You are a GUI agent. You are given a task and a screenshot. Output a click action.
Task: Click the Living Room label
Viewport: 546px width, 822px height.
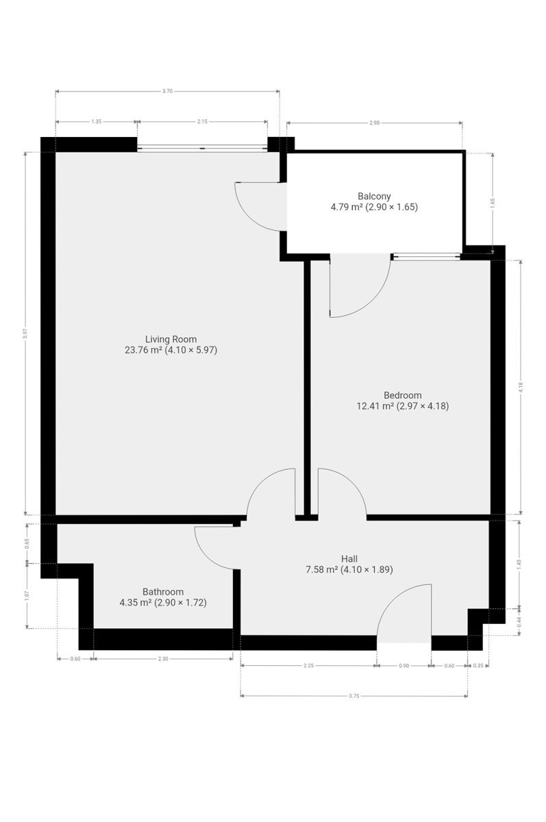[x=171, y=339]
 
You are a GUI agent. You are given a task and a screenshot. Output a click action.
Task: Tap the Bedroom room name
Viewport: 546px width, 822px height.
[x=403, y=395]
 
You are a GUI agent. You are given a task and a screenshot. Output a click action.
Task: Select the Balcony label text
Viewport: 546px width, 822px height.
[x=374, y=196]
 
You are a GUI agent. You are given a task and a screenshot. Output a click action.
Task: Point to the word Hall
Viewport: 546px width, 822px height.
[x=349, y=559]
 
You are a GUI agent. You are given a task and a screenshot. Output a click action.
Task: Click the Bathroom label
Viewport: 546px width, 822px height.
[x=163, y=592]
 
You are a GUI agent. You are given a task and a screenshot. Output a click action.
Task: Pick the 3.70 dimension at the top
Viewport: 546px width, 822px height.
[x=167, y=91]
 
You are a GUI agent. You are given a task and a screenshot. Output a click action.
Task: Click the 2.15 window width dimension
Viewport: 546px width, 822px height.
[x=202, y=121]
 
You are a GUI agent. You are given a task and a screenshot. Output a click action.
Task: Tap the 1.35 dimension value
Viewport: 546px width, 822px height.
[x=96, y=121]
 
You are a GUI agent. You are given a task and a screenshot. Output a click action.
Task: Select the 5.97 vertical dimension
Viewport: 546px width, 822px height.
[x=25, y=333]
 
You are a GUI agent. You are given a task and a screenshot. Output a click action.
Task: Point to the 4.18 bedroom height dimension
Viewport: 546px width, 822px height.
[x=521, y=387]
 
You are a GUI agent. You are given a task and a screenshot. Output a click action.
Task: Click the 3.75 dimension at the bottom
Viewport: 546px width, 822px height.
[x=353, y=696]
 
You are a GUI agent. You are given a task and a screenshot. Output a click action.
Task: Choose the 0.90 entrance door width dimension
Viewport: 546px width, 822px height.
[x=404, y=666]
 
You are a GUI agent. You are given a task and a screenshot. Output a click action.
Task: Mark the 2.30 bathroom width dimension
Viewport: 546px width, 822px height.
[x=163, y=659]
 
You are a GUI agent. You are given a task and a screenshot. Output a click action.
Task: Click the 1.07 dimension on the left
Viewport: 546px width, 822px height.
[x=27, y=595]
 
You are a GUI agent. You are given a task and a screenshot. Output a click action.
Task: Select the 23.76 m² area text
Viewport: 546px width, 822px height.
[x=143, y=350]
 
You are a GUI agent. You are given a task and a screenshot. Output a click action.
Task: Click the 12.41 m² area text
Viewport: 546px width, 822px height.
[x=375, y=406]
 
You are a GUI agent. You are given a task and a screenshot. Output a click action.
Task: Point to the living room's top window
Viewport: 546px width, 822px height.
[x=202, y=148]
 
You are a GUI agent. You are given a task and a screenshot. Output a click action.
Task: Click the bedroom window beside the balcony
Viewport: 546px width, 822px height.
[x=425, y=256]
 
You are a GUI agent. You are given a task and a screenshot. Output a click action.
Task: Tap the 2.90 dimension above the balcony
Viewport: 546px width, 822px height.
[x=374, y=123]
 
